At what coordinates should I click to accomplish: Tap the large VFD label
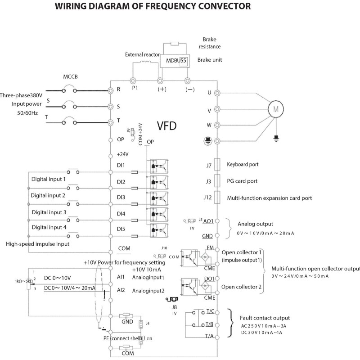click(168, 126)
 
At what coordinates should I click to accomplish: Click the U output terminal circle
click(218, 93)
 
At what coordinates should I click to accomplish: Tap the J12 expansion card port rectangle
click(217, 197)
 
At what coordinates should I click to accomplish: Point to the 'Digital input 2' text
click(48, 196)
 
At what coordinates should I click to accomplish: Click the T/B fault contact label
click(210, 324)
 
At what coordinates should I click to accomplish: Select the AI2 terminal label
click(121, 290)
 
